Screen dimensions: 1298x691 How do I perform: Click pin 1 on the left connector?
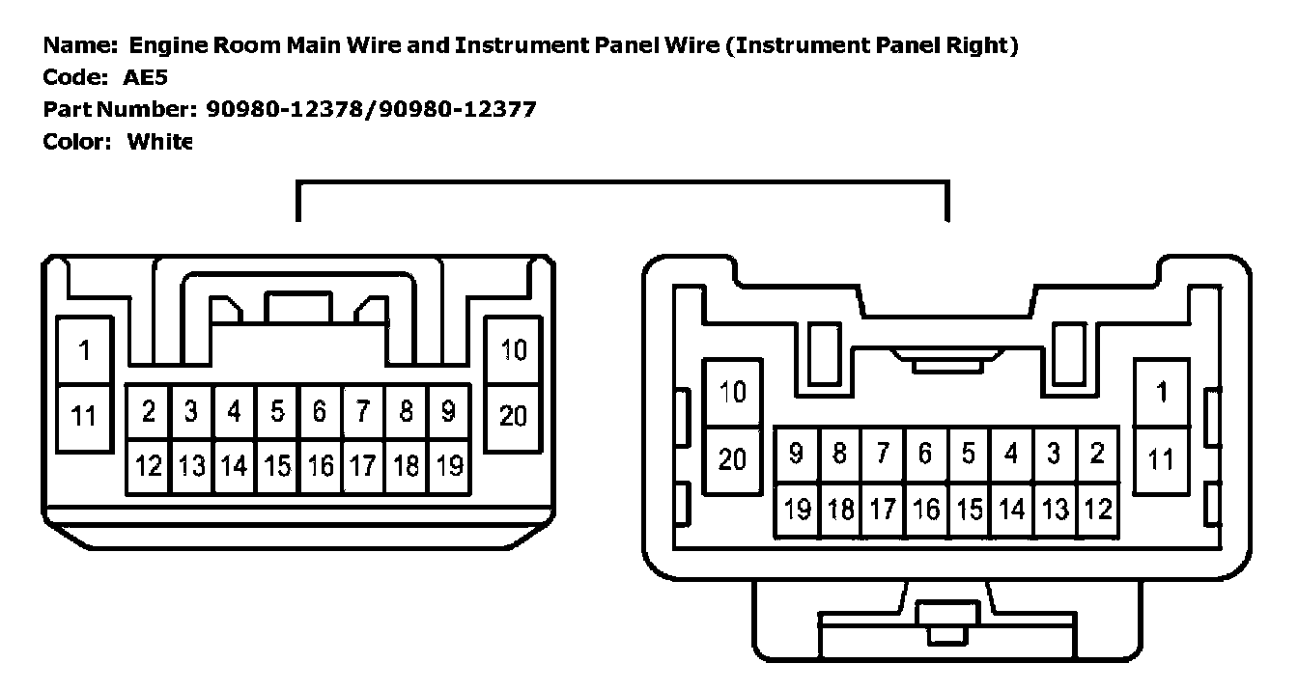tap(84, 350)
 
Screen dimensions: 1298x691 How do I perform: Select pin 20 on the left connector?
tap(513, 416)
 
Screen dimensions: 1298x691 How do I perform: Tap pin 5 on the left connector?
tap(277, 412)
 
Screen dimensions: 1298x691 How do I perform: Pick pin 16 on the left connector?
tap(320, 466)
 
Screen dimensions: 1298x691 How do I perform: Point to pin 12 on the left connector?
tap(149, 466)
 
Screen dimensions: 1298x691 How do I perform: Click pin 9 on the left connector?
tap(448, 412)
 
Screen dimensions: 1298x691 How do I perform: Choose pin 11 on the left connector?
tap(84, 416)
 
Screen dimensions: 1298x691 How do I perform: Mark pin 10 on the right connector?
tap(734, 393)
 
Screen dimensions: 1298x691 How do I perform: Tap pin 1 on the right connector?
tap(1162, 393)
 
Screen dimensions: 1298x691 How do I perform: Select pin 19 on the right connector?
tap(797, 509)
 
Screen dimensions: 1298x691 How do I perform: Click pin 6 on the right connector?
tap(925, 454)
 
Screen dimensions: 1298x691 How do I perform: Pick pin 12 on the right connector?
tap(1097, 509)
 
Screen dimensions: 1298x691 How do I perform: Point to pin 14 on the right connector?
tap(1011, 509)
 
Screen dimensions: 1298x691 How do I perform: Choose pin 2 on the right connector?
tap(1097, 454)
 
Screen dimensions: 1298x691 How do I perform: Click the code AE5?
tap(145, 78)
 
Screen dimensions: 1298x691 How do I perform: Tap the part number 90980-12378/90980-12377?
tap(371, 110)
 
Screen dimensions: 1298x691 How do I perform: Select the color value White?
tap(160, 143)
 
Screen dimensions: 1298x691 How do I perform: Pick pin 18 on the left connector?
tap(406, 466)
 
